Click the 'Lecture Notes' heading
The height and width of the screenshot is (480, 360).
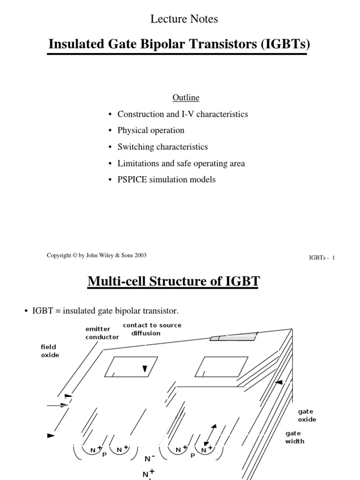184,19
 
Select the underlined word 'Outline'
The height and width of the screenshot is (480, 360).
186,97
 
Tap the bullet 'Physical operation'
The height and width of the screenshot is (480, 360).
150,130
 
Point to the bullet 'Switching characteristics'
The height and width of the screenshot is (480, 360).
162,147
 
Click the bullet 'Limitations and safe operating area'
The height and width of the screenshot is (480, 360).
181,164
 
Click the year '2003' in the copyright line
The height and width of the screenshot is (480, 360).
140,255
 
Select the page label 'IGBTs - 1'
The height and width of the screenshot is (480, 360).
321,257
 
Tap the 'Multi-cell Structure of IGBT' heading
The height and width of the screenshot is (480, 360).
173,282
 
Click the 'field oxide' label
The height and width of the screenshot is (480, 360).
50,351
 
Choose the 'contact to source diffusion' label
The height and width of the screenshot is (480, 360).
151,329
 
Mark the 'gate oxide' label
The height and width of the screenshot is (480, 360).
307,415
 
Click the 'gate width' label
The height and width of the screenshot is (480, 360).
294,437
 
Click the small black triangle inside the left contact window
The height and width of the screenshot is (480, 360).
145,369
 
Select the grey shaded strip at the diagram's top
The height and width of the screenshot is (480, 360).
234,337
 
